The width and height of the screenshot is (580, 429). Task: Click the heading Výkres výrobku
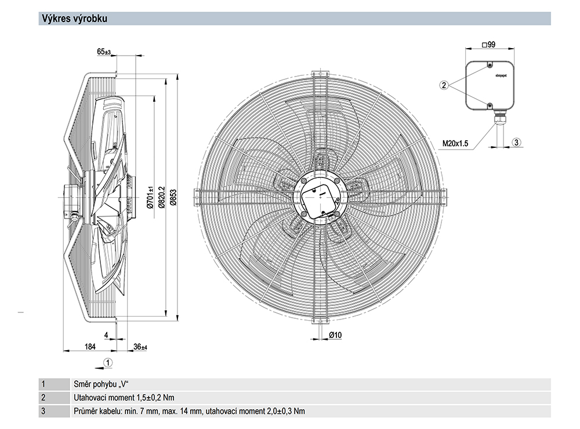tap(73, 19)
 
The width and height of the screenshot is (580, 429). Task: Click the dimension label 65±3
tap(104, 52)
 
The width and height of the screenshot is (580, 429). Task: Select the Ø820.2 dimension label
tap(162, 197)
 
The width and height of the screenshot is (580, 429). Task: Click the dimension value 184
tap(90, 347)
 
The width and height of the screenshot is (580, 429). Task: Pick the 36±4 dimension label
tap(140, 347)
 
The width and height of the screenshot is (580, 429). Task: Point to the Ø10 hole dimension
tap(335, 335)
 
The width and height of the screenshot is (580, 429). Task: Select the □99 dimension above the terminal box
tap(488, 45)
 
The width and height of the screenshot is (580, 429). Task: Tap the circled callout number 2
tap(444, 85)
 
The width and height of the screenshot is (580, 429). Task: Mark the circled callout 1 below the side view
tap(107, 362)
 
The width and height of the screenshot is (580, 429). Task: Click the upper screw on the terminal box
tap(490, 65)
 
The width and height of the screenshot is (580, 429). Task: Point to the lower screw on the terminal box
tap(490, 106)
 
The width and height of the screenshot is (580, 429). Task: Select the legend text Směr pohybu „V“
tap(100, 384)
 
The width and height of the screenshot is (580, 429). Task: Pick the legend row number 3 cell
tap(43, 412)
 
